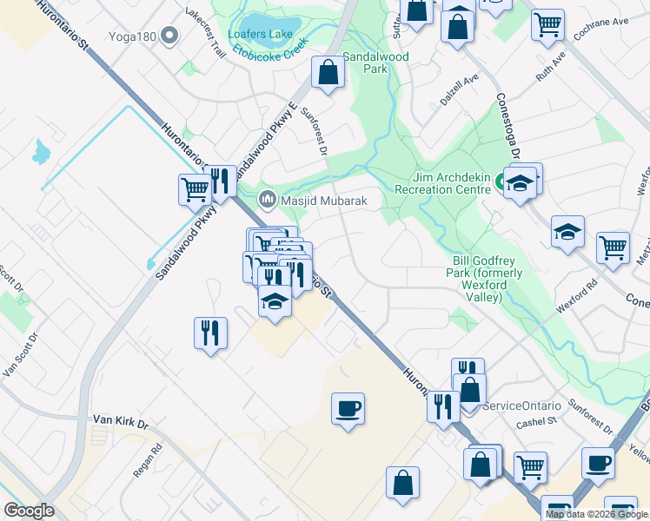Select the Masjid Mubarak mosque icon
coord(267,201)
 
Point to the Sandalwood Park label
coord(376,60)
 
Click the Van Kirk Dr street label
coord(121,420)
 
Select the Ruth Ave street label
coord(550,67)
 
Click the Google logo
coord(30,511)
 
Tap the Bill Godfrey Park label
coord(489,279)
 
